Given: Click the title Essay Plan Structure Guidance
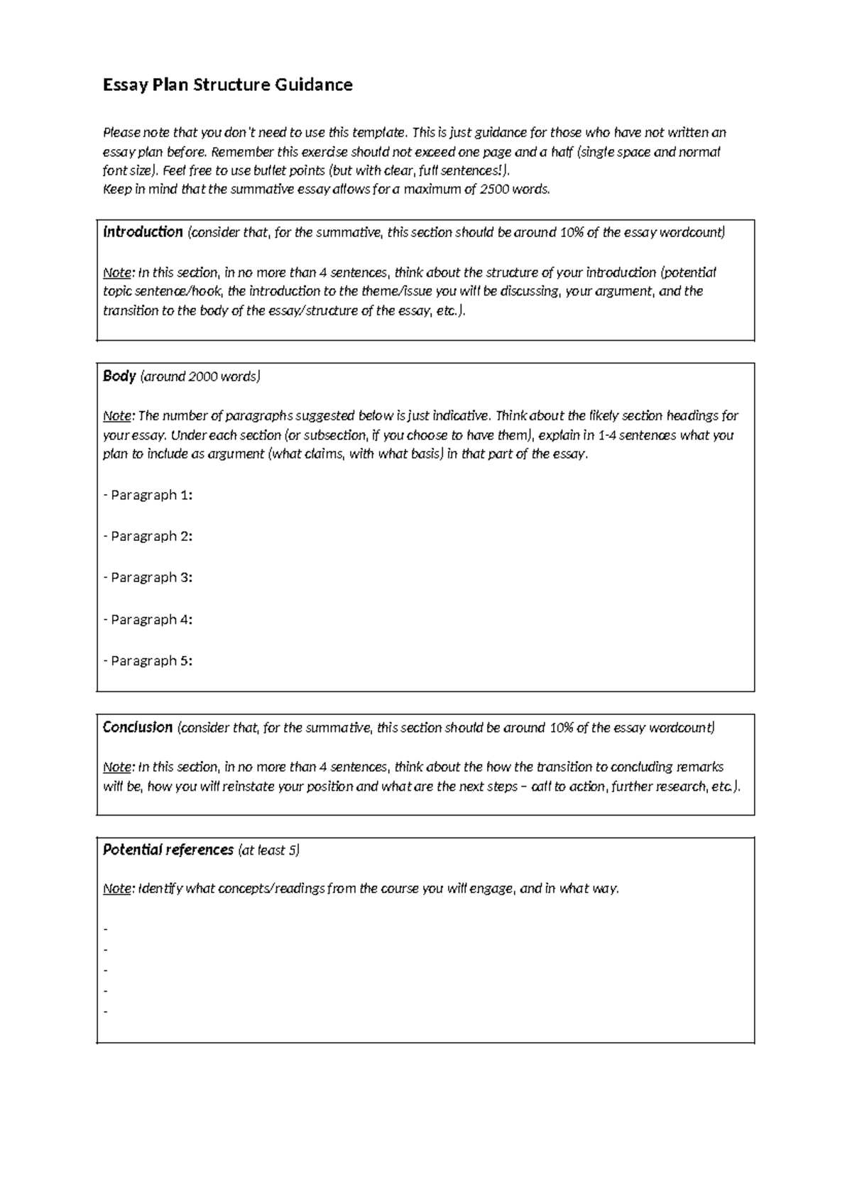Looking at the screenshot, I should (227, 85).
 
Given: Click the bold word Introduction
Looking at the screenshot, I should (143, 232).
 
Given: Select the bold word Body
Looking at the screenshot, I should (119, 376).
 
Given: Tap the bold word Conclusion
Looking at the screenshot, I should (138, 727).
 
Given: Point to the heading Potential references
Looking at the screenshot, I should (168, 850).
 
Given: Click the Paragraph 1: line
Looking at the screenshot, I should (148, 495).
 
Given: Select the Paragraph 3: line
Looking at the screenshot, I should (148, 577).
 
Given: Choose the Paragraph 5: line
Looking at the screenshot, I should (148, 660).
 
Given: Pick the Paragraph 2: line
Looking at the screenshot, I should (148, 536).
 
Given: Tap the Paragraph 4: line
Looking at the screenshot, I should (148, 619).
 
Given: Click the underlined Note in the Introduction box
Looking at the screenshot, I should (117, 273).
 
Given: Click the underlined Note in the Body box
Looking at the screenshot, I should (117, 415).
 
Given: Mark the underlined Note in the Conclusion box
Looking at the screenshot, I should (117, 767).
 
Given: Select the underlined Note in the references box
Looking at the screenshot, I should (117, 888).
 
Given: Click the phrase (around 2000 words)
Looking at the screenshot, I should (201, 376).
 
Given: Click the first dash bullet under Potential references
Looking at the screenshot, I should (106, 929).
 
